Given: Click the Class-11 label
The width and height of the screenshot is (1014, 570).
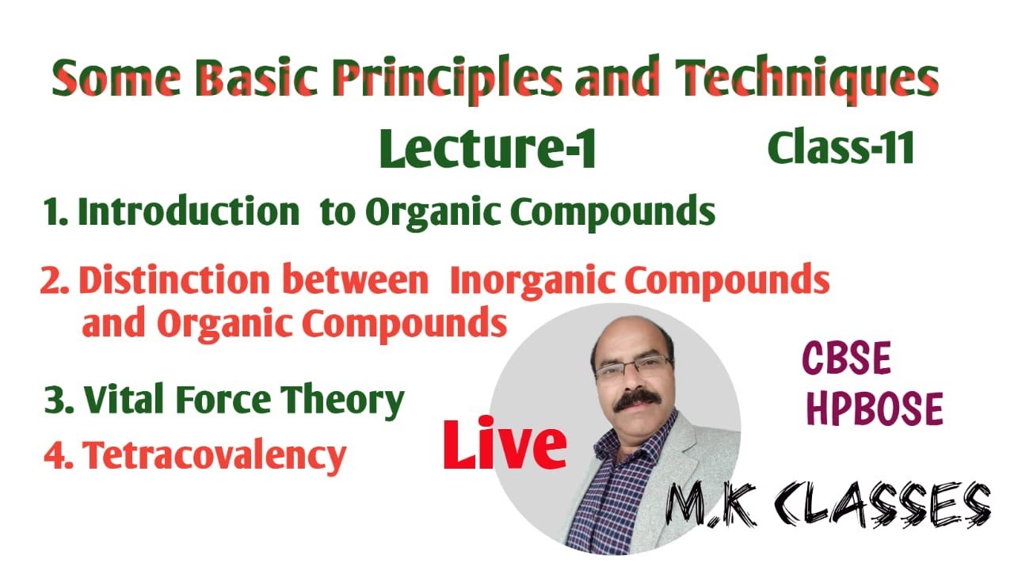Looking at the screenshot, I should click(x=841, y=148).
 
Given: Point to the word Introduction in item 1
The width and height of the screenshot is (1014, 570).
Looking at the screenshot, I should click(x=188, y=212).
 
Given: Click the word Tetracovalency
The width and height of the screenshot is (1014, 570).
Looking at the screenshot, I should click(x=215, y=455).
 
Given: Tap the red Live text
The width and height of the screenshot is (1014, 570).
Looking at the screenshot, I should click(x=505, y=446).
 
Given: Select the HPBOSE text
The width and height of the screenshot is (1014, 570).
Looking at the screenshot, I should click(x=875, y=409).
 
